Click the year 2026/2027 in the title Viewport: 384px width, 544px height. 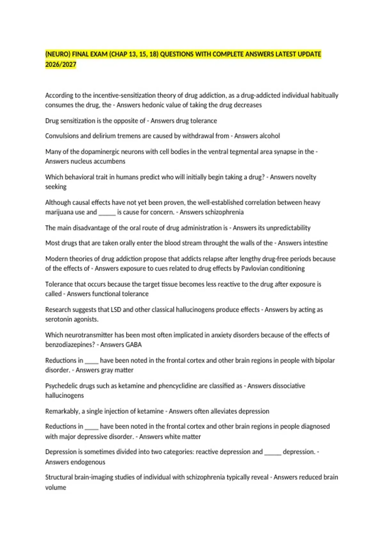61,64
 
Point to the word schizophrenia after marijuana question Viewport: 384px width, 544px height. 224,212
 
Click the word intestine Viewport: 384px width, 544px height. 313,243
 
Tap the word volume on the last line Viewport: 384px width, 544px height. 56,487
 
